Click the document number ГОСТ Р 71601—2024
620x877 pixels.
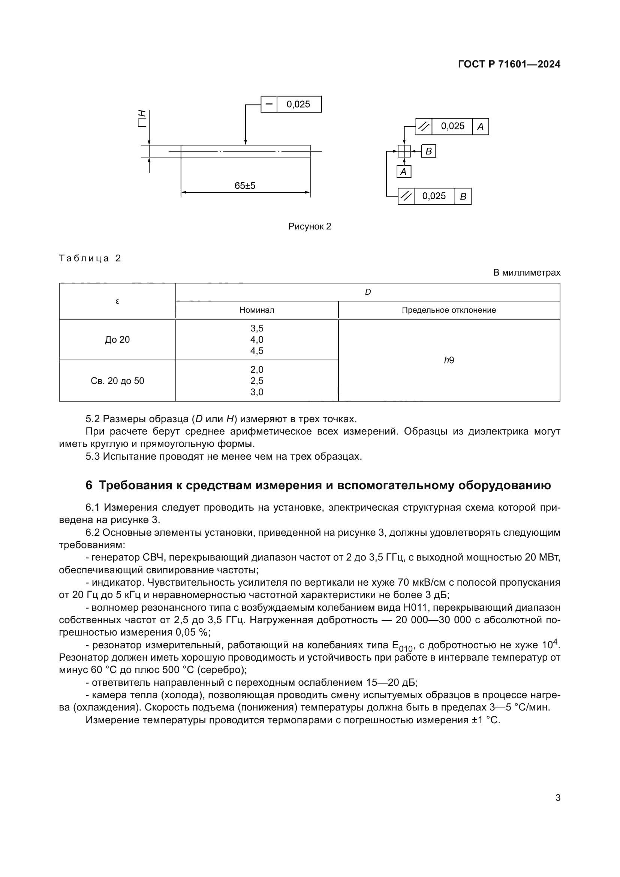509,64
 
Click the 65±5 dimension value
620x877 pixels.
245,186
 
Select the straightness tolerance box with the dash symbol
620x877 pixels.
269,104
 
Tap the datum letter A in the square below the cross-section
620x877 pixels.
404,172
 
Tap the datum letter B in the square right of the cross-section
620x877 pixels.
428,151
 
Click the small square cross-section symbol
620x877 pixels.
404,151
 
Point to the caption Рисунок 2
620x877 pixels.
309,226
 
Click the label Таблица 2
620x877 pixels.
90,259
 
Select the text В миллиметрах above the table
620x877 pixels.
526,273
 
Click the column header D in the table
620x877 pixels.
368,292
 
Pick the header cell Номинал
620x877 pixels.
256,310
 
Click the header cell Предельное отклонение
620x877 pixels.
449,310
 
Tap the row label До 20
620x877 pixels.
117,340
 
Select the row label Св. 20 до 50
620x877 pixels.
117,381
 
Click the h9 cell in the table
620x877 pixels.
449,360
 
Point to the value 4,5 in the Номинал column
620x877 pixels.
256,351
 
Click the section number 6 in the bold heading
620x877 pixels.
89,486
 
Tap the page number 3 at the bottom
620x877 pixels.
558,798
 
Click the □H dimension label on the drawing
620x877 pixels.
142,118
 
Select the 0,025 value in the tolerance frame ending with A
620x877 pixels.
452,126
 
